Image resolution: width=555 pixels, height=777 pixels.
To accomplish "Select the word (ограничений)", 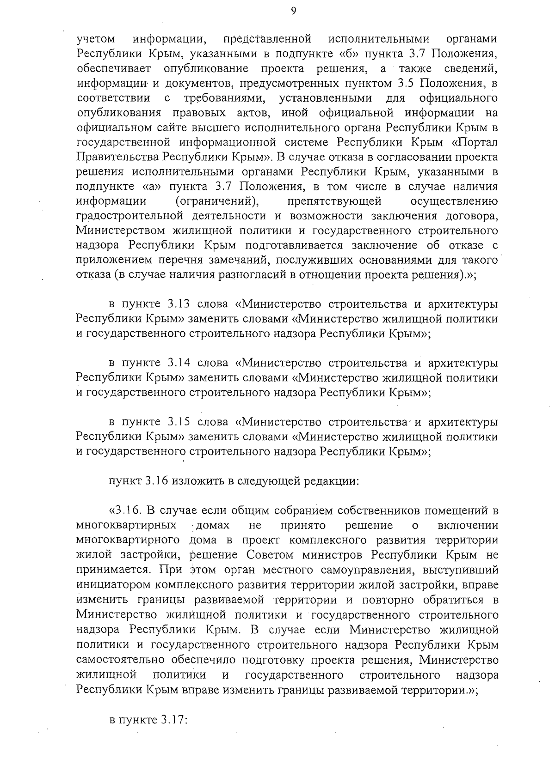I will pos(216,201).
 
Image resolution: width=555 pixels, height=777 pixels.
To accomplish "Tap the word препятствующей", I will pos(334,201).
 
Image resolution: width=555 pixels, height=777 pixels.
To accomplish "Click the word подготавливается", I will pos(307,245).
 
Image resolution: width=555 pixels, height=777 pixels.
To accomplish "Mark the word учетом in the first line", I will pos(96,39).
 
